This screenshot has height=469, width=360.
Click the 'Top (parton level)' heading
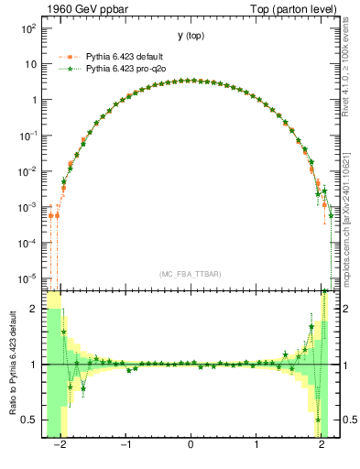pos(287,8)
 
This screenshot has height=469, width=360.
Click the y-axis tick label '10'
pos(30,64)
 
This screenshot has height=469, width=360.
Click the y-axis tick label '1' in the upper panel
pos(34,100)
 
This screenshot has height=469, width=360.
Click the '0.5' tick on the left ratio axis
pos(30,420)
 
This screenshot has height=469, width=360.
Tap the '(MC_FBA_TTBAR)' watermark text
pos(191,274)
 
